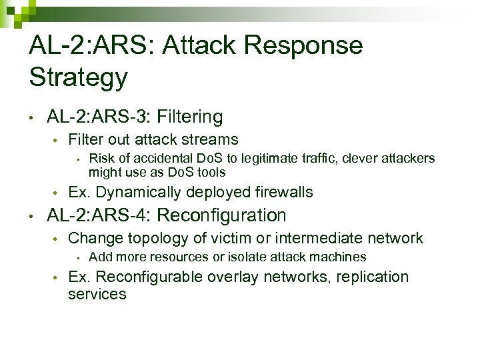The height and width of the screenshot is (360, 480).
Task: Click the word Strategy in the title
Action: click(78, 77)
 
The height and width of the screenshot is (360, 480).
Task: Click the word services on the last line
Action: click(97, 294)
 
